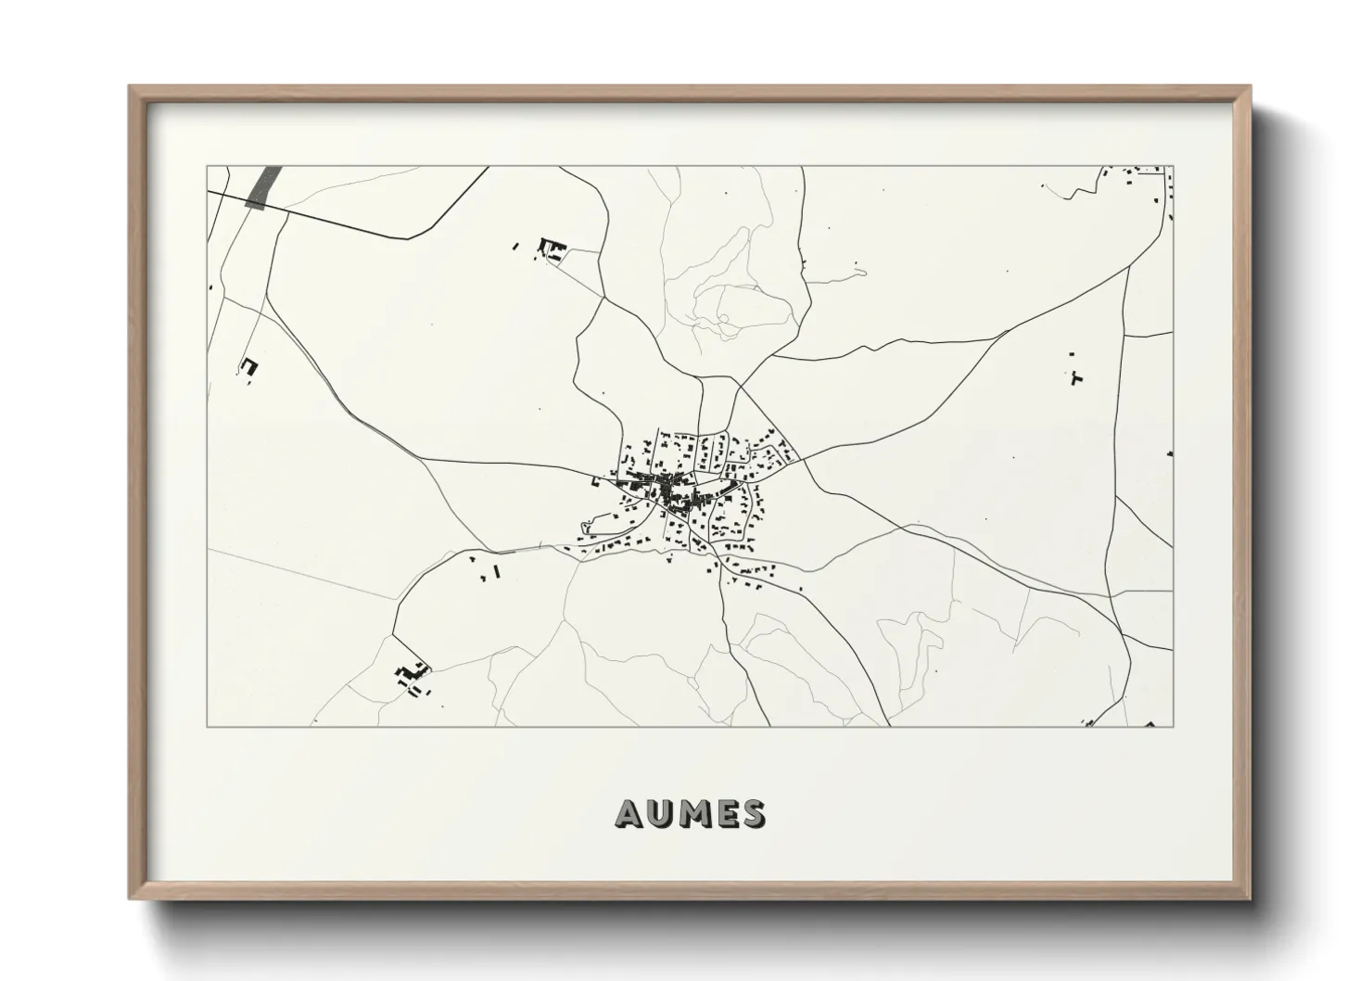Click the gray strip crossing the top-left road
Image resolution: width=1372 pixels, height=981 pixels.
click(264, 188)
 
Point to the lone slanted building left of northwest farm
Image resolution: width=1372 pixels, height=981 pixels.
click(515, 247)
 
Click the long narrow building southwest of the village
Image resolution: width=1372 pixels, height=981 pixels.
click(498, 571)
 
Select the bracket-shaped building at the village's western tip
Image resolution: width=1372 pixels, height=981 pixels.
click(595, 481)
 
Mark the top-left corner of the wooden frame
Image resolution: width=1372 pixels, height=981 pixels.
click(131, 87)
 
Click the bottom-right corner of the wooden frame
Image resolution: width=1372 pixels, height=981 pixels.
click(1249, 898)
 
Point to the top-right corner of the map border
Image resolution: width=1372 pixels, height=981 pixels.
click(1173, 167)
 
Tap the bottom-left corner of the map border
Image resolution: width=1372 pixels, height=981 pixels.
click(207, 726)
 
